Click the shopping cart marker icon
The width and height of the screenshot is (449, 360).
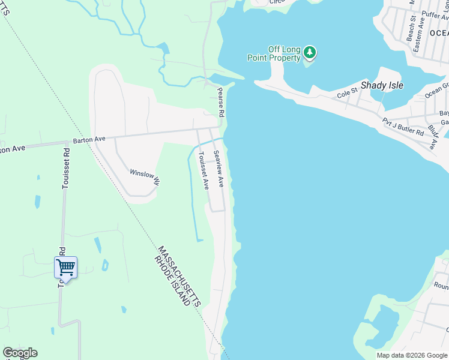pyautogui.click(x=65, y=266)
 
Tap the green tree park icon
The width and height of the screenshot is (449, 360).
pyautogui.click(x=310, y=52)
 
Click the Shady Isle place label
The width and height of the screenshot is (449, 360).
pyautogui.click(x=382, y=85)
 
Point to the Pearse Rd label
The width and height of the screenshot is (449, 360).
pyautogui.click(x=221, y=102)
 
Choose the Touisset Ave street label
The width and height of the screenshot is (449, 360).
pyautogui.click(x=203, y=171)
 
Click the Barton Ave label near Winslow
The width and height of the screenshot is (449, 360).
pyautogui.click(x=89, y=139)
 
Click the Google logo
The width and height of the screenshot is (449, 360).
pyautogui.click(x=20, y=353)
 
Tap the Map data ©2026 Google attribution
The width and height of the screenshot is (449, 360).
pyautogui.click(x=412, y=355)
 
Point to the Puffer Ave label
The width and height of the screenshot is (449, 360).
pyautogui.click(x=435, y=14)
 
